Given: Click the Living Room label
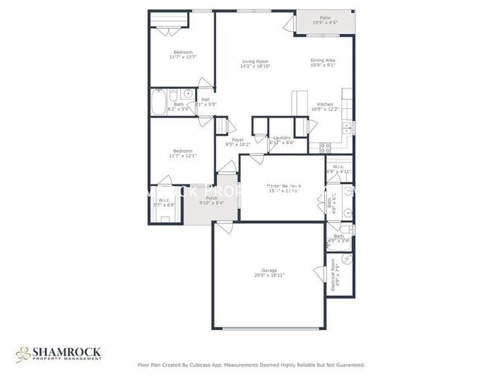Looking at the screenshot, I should (x=255, y=61).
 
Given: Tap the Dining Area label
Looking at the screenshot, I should (x=323, y=61).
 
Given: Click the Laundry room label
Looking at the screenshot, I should (x=281, y=138).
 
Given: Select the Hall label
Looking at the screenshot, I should (x=205, y=99).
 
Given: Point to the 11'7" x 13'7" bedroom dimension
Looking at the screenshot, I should (x=183, y=57).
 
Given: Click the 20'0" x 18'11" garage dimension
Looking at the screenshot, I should (x=265, y=276).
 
